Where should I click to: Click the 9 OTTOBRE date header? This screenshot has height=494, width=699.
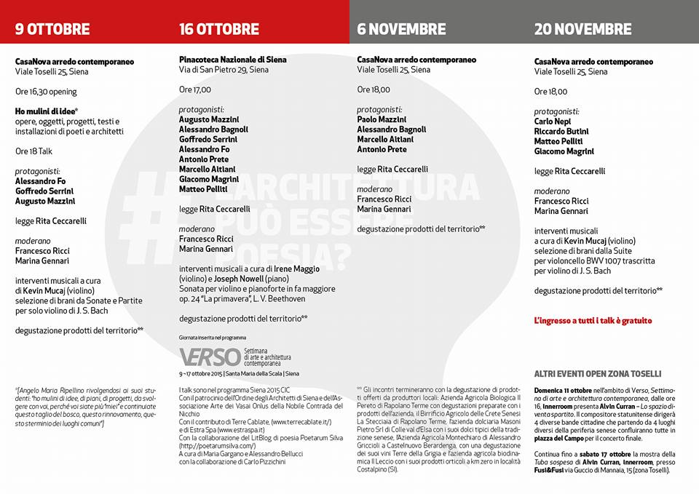52,29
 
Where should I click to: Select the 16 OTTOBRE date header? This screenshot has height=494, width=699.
219,29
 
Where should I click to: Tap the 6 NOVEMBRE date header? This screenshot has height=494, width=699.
401,29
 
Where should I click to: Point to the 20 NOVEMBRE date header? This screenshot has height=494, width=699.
582,29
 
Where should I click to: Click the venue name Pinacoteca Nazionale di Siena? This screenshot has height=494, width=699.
233,60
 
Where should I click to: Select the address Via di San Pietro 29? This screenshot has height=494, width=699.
224,70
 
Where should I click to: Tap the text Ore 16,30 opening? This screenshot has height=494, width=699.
46,92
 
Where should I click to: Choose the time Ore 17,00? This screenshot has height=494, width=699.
195,89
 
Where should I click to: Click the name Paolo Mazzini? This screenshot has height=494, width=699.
382,119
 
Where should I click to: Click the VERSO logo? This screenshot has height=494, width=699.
210,356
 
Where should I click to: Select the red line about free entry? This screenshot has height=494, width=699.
593,320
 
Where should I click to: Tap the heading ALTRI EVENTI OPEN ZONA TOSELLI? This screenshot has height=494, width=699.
597,373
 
